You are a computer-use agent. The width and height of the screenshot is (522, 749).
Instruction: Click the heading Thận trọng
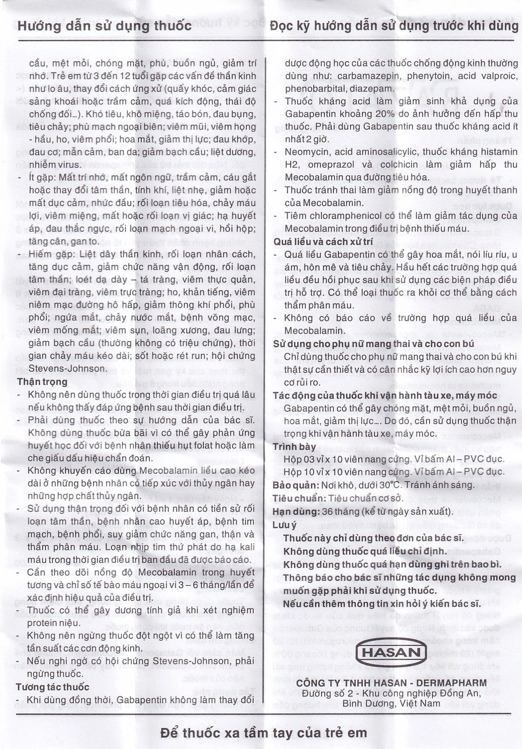coord(42,382)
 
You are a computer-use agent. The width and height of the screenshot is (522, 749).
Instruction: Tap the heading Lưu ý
coord(284,525)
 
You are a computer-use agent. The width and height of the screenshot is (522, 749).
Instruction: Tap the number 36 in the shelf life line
coord(327,511)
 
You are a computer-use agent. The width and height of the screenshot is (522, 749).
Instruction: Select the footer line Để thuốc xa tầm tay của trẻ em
coord(264,733)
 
